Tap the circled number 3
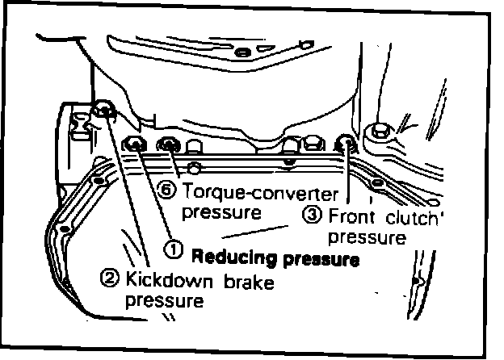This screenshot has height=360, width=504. tap(311, 216)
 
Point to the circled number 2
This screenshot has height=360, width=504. tap(110, 281)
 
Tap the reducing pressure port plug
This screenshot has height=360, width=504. tap(135, 145)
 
